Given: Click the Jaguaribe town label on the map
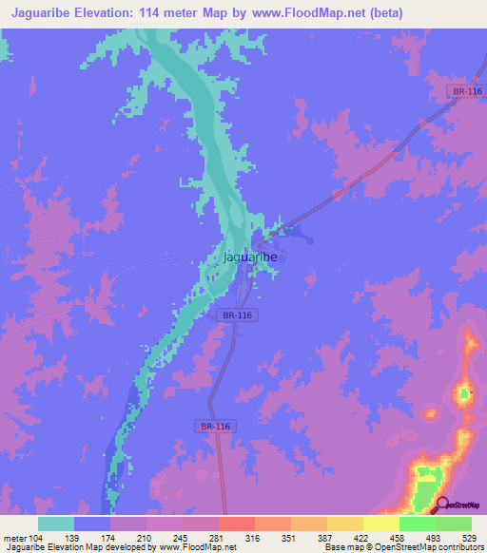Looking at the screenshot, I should click(x=249, y=257).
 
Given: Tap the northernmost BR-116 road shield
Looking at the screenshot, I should click(x=467, y=90).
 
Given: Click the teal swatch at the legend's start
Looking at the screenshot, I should click(x=56, y=524).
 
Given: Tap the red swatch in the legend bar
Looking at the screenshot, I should click(x=236, y=524).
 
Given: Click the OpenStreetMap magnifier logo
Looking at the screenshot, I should click(x=441, y=504).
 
